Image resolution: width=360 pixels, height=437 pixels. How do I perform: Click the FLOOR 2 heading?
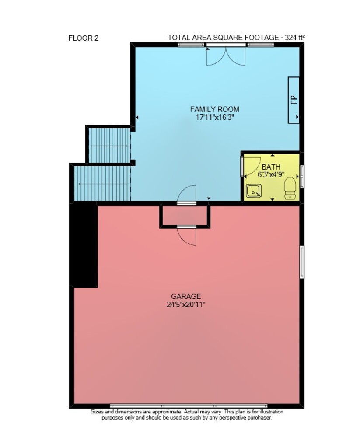(x=84, y=38)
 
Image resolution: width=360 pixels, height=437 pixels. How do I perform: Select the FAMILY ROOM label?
(x=215, y=109)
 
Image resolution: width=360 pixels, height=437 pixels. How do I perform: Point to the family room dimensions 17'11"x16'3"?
(x=214, y=117)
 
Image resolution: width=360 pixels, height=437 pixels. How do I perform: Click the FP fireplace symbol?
(x=294, y=100)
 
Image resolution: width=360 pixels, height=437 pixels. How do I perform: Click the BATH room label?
(x=271, y=167)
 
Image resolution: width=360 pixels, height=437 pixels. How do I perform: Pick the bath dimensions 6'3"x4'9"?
(x=271, y=175)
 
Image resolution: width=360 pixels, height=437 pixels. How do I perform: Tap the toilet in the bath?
(x=290, y=188)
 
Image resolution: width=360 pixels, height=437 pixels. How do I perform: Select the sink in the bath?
(x=253, y=191)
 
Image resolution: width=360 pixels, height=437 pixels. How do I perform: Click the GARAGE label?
(x=186, y=296)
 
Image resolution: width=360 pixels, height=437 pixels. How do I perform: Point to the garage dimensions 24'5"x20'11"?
(x=186, y=304)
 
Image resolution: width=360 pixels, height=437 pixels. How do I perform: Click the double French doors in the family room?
(x=226, y=55)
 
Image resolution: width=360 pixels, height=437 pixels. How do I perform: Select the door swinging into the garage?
(x=187, y=235)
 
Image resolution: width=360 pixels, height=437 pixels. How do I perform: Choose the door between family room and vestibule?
(x=187, y=195)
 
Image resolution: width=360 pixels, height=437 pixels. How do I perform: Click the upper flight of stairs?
(x=109, y=145)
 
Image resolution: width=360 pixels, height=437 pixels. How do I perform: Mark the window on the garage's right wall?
(x=302, y=262)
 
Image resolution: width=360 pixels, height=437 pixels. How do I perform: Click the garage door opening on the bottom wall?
(x=189, y=406)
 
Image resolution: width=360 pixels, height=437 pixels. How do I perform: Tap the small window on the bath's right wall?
(x=302, y=177)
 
